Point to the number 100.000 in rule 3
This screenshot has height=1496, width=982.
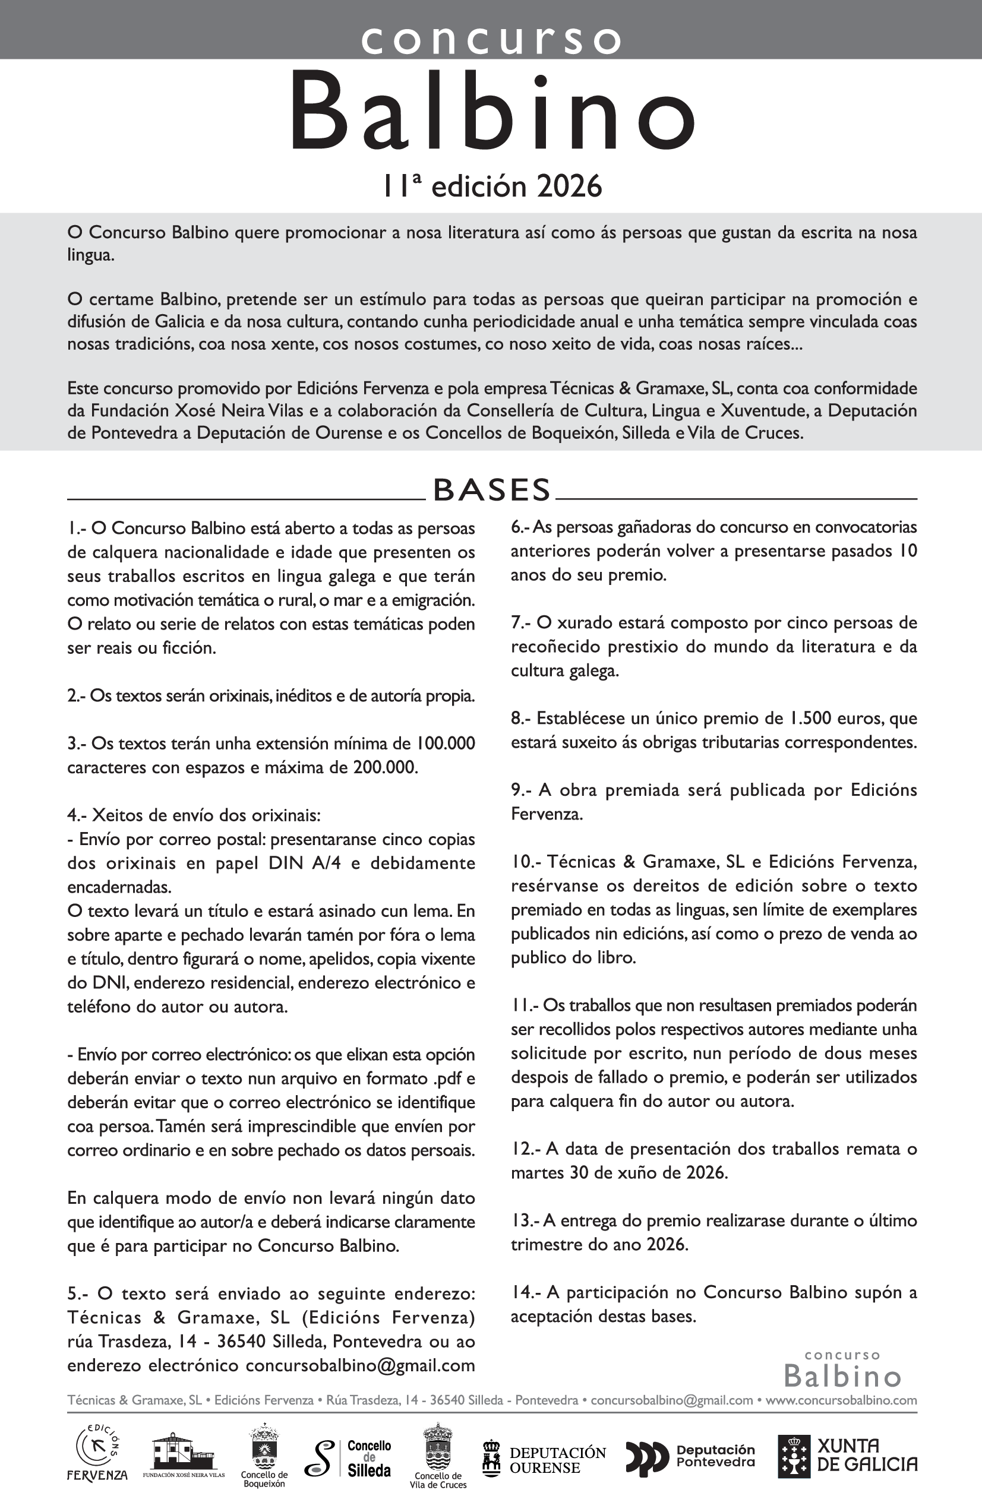point(445,744)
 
